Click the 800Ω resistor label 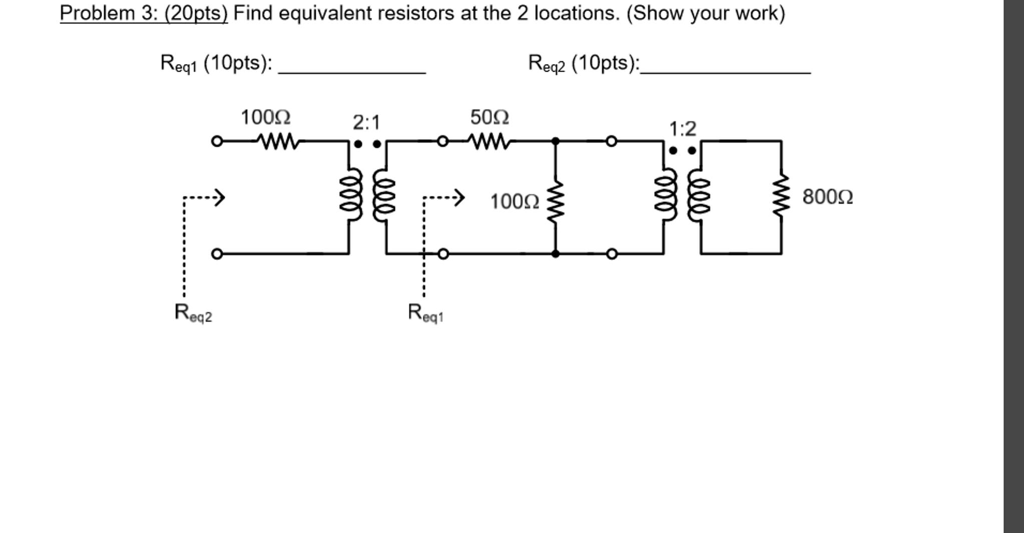pyautogui.click(x=828, y=197)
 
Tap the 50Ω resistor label pyautogui.click(x=489, y=118)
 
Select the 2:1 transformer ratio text pyautogui.click(x=366, y=123)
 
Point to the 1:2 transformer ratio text pyautogui.click(x=683, y=129)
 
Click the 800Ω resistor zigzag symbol pyautogui.click(x=781, y=196)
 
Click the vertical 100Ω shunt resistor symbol pyautogui.click(x=556, y=200)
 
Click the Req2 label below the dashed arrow pyautogui.click(x=193, y=313)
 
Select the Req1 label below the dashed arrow pyautogui.click(x=425, y=313)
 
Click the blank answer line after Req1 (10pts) pyautogui.click(x=352, y=70)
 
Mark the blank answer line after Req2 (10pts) pyautogui.click(x=726, y=70)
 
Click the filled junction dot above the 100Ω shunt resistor pyautogui.click(x=556, y=141)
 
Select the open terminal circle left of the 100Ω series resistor pyautogui.click(x=216, y=141)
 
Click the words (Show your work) pyautogui.click(x=706, y=14)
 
